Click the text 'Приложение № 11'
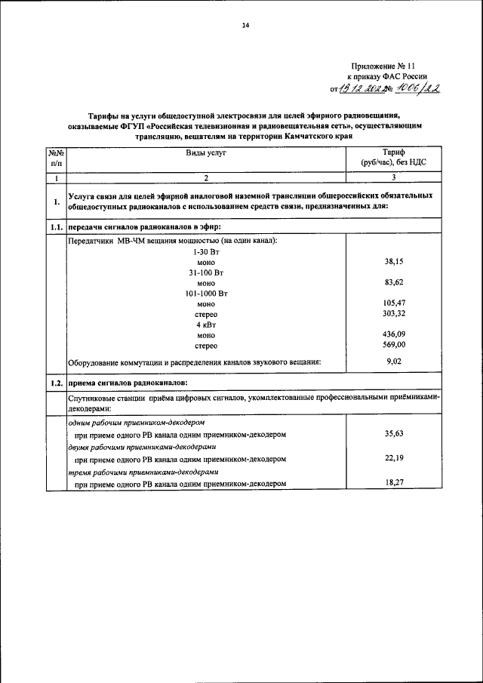pos(386,67)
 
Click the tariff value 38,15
pos(394,261)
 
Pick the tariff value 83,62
pos(394,282)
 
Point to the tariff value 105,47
pos(394,303)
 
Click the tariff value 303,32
pos(394,314)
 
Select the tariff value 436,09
pos(394,335)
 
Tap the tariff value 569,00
pos(394,346)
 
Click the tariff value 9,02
pos(394,361)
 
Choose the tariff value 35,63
pos(394,434)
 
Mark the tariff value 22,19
pos(394,457)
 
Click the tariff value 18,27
pos(394,481)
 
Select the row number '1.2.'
pos(55,383)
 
